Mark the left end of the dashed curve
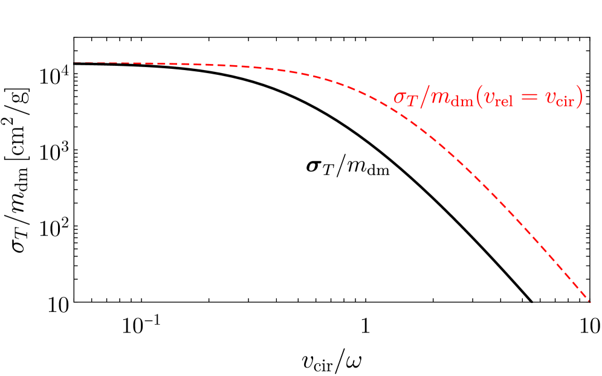click(x=75, y=63)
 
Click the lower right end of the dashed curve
click(x=589, y=301)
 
